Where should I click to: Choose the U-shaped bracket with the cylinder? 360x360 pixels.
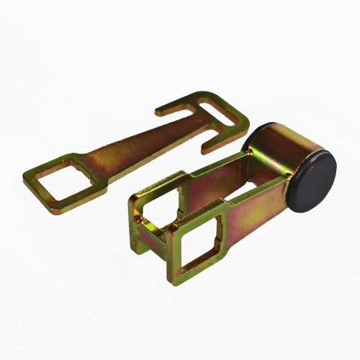[x=230, y=202]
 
